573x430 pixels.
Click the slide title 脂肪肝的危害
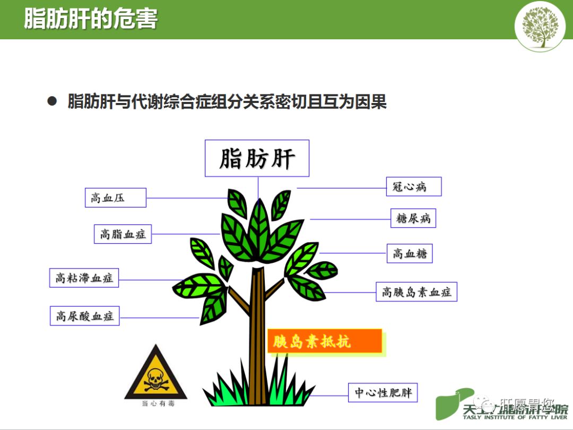pos(91,20)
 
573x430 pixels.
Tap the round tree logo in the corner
pos(540,26)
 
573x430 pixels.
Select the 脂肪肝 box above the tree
pos(257,158)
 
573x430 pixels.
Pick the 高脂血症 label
pos(123,234)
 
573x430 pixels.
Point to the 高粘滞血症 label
pos(84,278)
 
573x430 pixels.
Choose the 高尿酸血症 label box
pos(85,316)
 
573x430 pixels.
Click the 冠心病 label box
pos(413,186)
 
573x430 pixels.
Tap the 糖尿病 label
pos(413,218)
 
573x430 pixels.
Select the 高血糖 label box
pos(410,253)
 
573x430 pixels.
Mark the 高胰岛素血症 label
pos(416,291)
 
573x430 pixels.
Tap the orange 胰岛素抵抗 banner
pos(324,341)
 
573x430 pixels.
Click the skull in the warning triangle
pos(156,379)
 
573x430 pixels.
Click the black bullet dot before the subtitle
pos(52,101)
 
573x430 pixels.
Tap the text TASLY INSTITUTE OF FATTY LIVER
pos(515,417)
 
